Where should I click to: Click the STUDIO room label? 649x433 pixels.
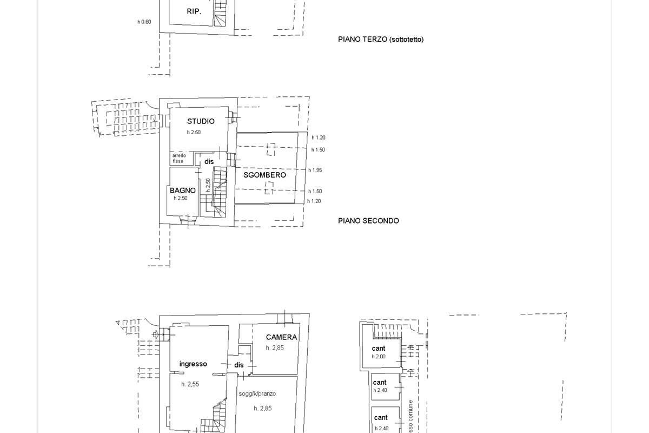pyautogui.click(x=201, y=121)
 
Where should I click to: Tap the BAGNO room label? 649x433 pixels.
pyautogui.click(x=182, y=191)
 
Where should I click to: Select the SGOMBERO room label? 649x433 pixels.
pyautogui.click(x=264, y=175)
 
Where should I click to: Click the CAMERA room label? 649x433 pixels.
pyautogui.click(x=281, y=337)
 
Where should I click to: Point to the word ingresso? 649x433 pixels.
pyautogui.click(x=193, y=364)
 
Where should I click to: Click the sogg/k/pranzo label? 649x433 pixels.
pyautogui.click(x=257, y=393)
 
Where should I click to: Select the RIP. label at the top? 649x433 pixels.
pyautogui.click(x=194, y=11)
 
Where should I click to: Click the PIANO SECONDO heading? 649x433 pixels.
pyautogui.click(x=368, y=221)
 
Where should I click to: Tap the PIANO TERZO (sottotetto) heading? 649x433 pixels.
pyautogui.click(x=380, y=40)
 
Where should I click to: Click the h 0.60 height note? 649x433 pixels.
pyautogui.click(x=144, y=22)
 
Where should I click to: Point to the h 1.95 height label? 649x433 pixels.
pyautogui.click(x=315, y=170)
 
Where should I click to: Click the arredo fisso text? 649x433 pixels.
pyautogui.click(x=179, y=158)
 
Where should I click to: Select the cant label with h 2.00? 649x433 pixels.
pyautogui.click(x=379, y=349)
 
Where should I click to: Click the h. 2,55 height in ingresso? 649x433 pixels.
pyautogui.click(x=190, y=384)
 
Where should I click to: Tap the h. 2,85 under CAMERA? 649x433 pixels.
pyautogui.click(x=275, y=348)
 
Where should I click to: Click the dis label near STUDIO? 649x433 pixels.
pyautogui.click(x=209, y=161)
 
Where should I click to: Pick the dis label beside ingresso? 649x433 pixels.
pyautogui.click(x=239, y=365)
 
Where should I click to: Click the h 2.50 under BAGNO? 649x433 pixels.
pyautogui.click(x=181, y=199)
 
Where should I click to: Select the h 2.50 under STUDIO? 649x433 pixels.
pyautogui.click(x=194, y=133)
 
